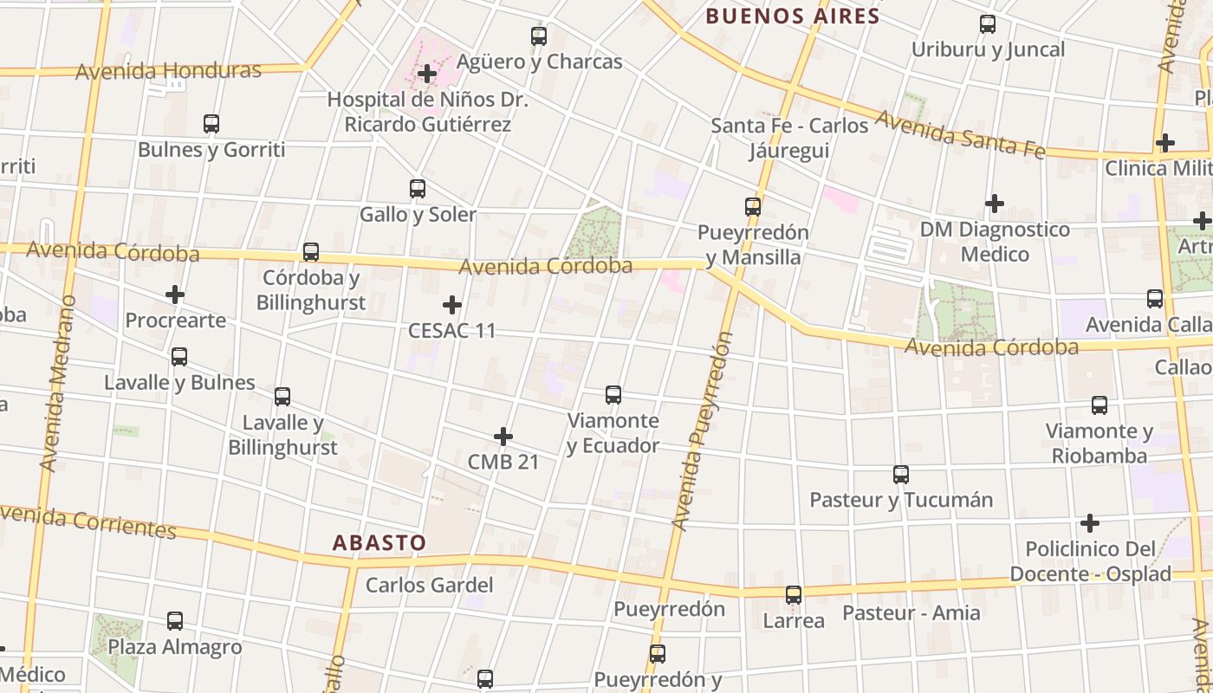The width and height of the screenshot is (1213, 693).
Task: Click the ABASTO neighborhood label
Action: [x=379, y=543]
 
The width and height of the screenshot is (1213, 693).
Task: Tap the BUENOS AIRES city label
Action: [x=792, y=16]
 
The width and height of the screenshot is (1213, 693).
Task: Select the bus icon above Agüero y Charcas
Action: [x=539, y=36]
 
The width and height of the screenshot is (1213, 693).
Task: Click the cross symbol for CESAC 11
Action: [x=452, y=305]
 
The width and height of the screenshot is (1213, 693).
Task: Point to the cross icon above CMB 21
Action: [x=503, y=437]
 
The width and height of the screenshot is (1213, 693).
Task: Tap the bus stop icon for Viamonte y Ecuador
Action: [x=613, y=395]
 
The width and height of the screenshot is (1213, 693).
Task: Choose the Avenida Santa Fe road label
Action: [x=960, y=135]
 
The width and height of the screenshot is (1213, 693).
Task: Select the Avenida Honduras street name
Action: [x=168, y=71]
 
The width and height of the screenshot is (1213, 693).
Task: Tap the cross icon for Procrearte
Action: [x=175, y=295]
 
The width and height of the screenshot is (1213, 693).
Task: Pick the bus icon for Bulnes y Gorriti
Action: [x=211, y=124]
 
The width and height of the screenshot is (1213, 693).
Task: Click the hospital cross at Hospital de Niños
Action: [x=427, y=74]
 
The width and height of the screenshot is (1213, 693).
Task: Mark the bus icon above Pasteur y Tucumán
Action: [x=901, y=475]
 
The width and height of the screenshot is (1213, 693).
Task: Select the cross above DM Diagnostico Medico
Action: [x=995, y=204]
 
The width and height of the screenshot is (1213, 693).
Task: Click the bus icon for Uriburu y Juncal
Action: [x=988, y=24]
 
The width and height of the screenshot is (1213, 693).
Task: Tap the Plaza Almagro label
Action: [x=175, y=647]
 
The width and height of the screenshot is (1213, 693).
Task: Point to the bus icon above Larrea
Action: [x=794, y=595]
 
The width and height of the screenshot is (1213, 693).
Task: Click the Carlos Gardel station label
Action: [x=429, y=585]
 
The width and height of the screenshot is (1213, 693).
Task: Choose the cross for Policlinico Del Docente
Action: [x=1090, y=523]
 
